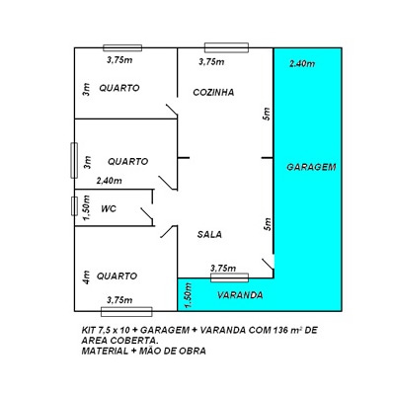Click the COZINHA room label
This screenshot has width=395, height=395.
[213, 92]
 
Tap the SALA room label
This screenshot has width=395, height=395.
[209, 234]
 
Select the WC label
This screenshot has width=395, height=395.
[109, 208]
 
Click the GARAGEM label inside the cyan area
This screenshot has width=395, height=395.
[311, 167]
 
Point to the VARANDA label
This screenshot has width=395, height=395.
[240, 295]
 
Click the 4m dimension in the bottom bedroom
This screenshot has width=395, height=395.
[86, 277]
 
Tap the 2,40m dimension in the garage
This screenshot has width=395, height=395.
[302, 63]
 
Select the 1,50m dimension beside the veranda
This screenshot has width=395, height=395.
[189, 295]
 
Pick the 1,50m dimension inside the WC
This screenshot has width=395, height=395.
[86, 207]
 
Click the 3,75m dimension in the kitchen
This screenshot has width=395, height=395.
[211, 62]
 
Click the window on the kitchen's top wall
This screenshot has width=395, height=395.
[226, 47]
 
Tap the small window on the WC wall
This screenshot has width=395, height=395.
[74, 206]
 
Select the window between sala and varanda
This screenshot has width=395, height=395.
[229, 277]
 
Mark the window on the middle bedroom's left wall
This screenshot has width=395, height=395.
[74, 161]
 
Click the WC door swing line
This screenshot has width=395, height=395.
[147, 213]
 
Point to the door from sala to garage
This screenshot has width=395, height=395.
[268, 264]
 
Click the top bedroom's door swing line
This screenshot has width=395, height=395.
[172, 110]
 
